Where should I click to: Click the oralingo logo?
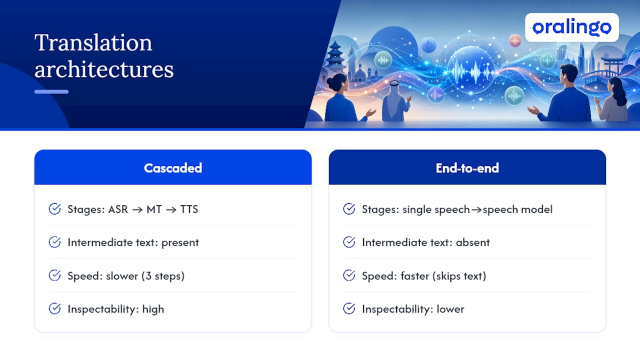[x=571, y=27]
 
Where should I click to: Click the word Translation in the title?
[x=93, y=42]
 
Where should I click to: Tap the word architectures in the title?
[x=104, y=69]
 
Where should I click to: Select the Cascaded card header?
[x=173, y=167]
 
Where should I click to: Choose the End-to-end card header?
[x=467, y=167]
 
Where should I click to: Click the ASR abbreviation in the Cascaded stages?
[x=118, y=209]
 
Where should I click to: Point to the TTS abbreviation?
[x=189, y=209]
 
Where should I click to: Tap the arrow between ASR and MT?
[x=137, y=210]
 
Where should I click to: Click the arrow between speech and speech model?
[x=476, y=210]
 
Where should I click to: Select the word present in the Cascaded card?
[x=180, y=243]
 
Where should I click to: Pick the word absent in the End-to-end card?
[x=472, y=242]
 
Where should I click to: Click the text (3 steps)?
[x=163, y=276]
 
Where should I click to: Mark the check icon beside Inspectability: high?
[x=54, y=308]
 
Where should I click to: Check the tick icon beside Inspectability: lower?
[x=349, y=308]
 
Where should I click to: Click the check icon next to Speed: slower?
[x=54, y=275]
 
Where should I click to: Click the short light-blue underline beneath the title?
[x=51, y=91]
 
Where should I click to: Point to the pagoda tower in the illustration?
[x=335, y=57]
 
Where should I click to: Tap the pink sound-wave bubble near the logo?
[x=515, y=41]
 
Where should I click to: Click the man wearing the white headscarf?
[x=395, y=101]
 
